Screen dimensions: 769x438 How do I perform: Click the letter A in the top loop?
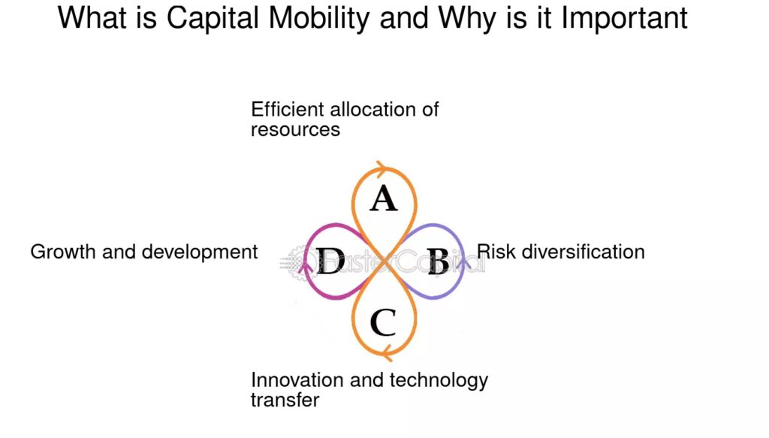pos(384,198)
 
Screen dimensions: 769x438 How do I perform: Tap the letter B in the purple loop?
pos(438,261)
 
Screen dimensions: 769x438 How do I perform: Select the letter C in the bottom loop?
pos(382,322)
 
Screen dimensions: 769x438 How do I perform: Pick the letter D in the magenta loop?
pos(330,261)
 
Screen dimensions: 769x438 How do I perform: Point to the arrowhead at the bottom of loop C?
pos(387,352)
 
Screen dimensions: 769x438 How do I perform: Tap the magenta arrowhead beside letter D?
pos(306,267)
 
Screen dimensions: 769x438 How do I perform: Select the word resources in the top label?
pos(295,130)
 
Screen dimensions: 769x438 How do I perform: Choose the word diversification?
pos(583,252)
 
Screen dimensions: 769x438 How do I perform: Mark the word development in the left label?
pos(200,252)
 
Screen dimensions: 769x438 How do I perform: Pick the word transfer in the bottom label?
pos(285,400)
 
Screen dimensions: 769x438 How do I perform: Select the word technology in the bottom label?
pos(439,381)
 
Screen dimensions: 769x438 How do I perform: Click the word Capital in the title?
pos(213,19)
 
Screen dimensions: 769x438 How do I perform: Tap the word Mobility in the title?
pos(318,19)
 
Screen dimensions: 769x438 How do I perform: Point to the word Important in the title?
pos(624,19)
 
